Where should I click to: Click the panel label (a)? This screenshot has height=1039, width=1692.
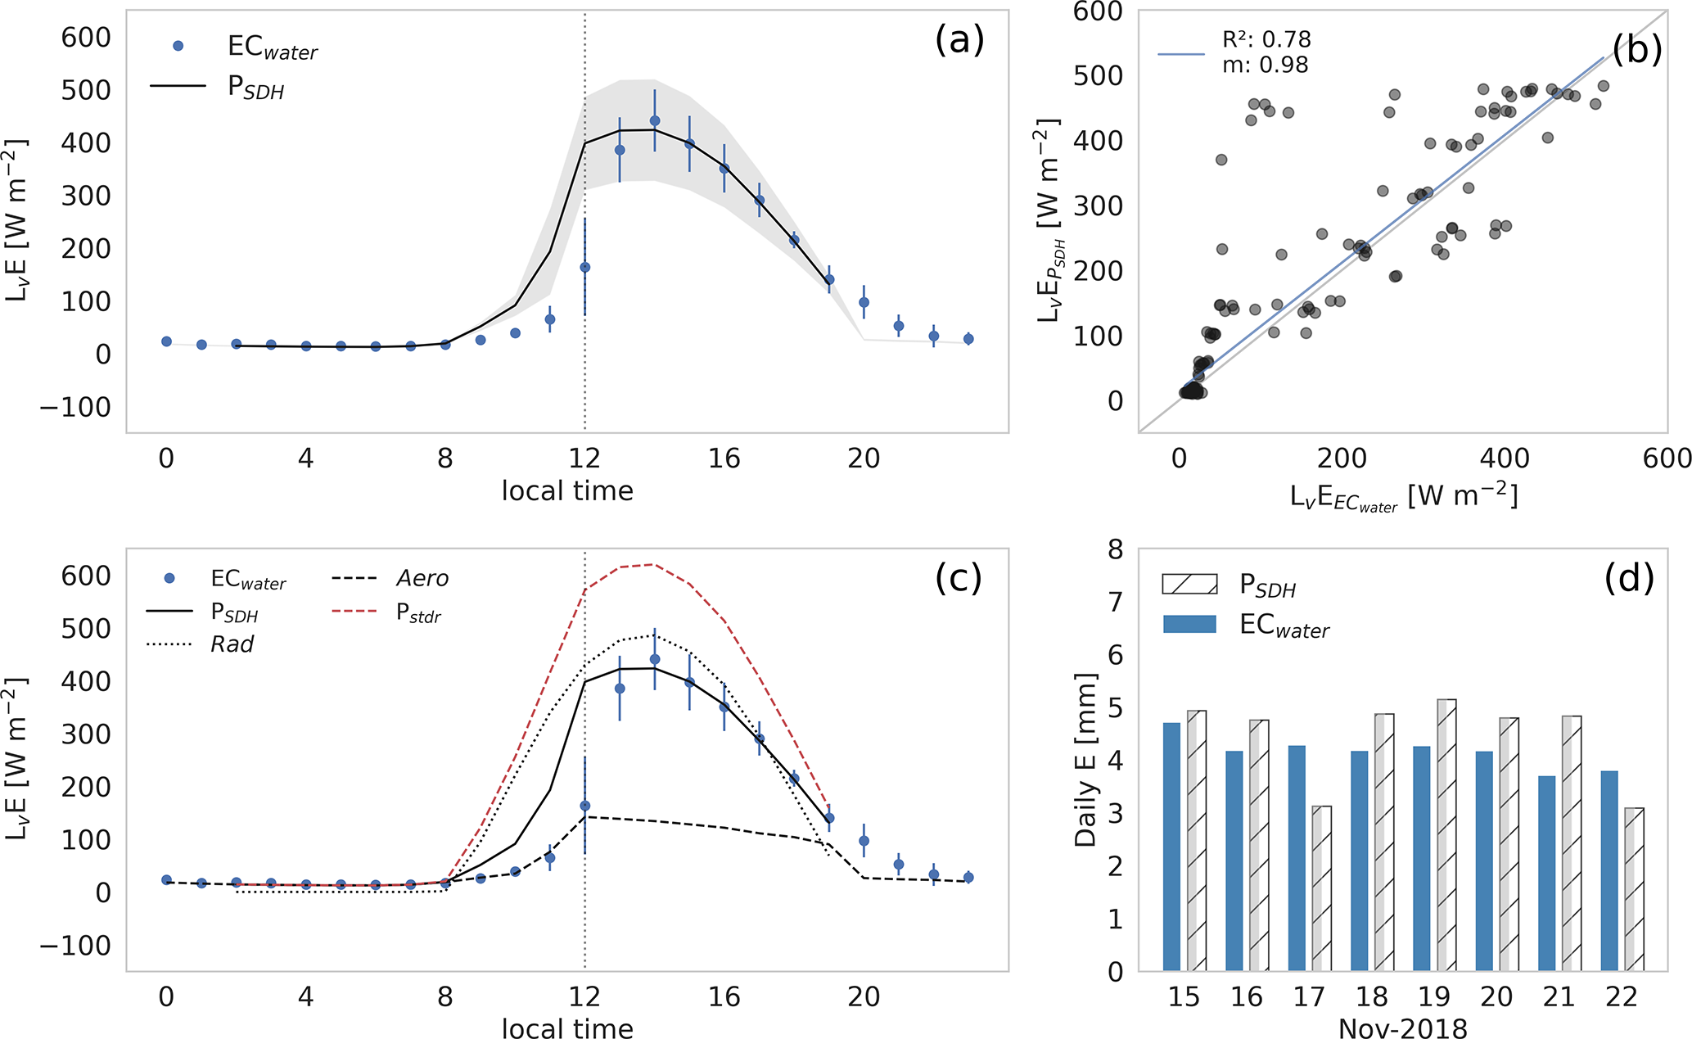click(x=959, y=41)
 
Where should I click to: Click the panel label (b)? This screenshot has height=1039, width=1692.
click(x=1636, y=51)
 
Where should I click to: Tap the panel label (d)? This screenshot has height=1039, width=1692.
click(x=1629, y=579)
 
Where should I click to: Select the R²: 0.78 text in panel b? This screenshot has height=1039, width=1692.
click(x=1266, y=39)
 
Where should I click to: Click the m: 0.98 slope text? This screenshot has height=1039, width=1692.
click(x=1265, y=65)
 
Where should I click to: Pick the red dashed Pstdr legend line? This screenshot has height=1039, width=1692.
click(x=354, y=611)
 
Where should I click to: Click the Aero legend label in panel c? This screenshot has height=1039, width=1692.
click(x=422, y=579)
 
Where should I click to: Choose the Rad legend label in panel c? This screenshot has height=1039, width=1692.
click(x=232, y=644)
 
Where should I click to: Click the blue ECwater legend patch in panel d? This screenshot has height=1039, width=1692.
click(x=1189, y=625)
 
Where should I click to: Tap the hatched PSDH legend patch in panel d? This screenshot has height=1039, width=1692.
click(x=1189, y=584)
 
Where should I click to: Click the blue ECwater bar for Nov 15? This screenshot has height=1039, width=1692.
click(x=1171, y=847)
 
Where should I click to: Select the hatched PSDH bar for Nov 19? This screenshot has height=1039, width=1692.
click(x=1446, y=835)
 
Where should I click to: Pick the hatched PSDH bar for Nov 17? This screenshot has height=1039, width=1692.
click(x=1321, y=888)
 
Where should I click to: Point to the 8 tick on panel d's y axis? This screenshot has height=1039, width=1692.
click(x=1115, y=549)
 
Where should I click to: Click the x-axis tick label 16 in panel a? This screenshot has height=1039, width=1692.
click(x=724, y=459)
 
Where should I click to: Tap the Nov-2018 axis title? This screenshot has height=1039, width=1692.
click(x=1402, y=1028)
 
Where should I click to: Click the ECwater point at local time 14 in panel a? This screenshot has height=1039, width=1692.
click(x=654, y=121)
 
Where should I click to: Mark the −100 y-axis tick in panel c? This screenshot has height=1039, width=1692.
click(x=75, y=946)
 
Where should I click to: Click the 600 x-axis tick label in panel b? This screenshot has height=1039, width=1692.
click(x=1666, y=459)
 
